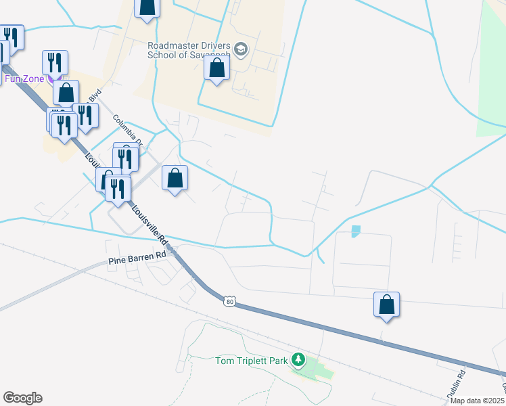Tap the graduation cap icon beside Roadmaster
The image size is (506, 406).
pyautogui.click(x=241, y=49)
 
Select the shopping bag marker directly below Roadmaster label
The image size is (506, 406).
pyautogui.click(x=216, y=68)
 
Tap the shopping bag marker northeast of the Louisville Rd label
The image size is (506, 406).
pyautogui.click(x=175, y=179)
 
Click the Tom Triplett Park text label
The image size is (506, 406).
pyautogui.click(x=252, y=361)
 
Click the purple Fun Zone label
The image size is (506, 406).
pyautogui.click(x=24, y=78)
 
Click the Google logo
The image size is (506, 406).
pyautogui.click(x=22, y=397)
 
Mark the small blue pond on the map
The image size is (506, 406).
pyautogui.click(x=356, y=231)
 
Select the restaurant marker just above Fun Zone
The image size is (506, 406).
pyautogui.click(x=53, y=62)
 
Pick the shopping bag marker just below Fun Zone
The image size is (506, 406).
pyautogui.click(x=66, y=93)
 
